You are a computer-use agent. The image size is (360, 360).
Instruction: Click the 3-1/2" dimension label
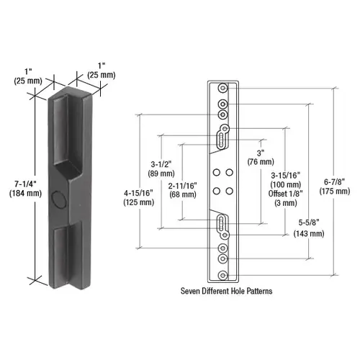[x=160, y=163]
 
